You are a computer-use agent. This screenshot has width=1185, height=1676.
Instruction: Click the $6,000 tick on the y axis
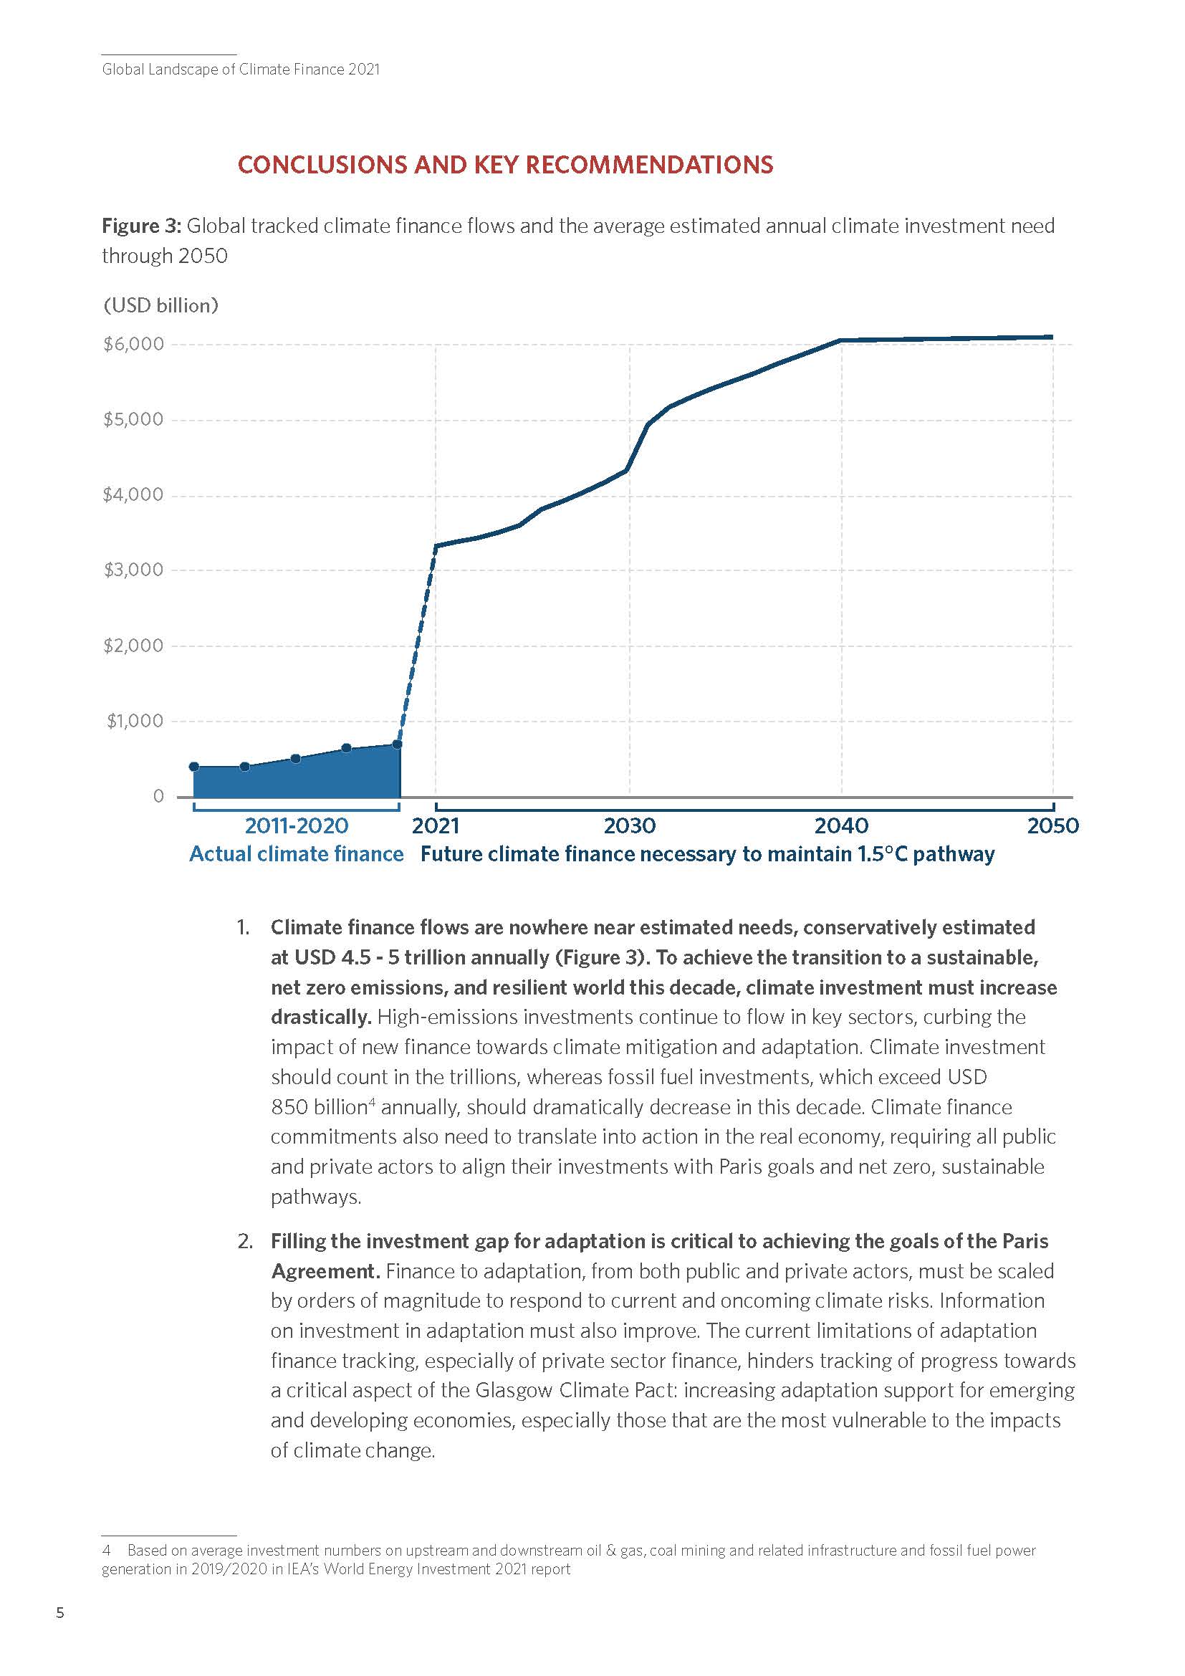click(x=133, y=344)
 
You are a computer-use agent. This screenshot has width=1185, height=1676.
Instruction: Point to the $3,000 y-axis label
click(x=133, y=570)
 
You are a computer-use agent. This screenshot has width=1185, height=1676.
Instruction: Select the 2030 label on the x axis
click(x=630, y=825)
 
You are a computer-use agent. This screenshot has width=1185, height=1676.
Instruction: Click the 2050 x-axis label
click(x=1052, y=825)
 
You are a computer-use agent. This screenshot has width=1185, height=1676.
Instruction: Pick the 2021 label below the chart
click(x=436, y=825)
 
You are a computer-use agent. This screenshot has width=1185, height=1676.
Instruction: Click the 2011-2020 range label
click(x=297, y=825)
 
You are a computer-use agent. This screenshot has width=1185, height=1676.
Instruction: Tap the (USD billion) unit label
click(x=160, y=305)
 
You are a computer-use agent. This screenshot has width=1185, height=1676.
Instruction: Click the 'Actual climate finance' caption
click(x=297, y=854)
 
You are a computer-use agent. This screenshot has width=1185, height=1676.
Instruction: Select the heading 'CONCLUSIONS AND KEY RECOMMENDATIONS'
click(x=505, y=164)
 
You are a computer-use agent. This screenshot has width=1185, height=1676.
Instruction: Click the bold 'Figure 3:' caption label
click(x=141, y=226)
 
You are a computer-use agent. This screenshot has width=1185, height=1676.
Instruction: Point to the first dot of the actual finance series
click(x=194, y=767)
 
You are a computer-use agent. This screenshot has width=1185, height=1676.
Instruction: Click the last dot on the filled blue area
click(x=397, y=744)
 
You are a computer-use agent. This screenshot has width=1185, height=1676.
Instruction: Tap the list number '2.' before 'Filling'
click(x=245, y=1241)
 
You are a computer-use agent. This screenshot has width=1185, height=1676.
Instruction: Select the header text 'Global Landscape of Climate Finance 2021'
click(x=241, y=70)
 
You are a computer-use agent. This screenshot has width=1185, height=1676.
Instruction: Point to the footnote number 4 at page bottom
click(x=107, y=1550)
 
